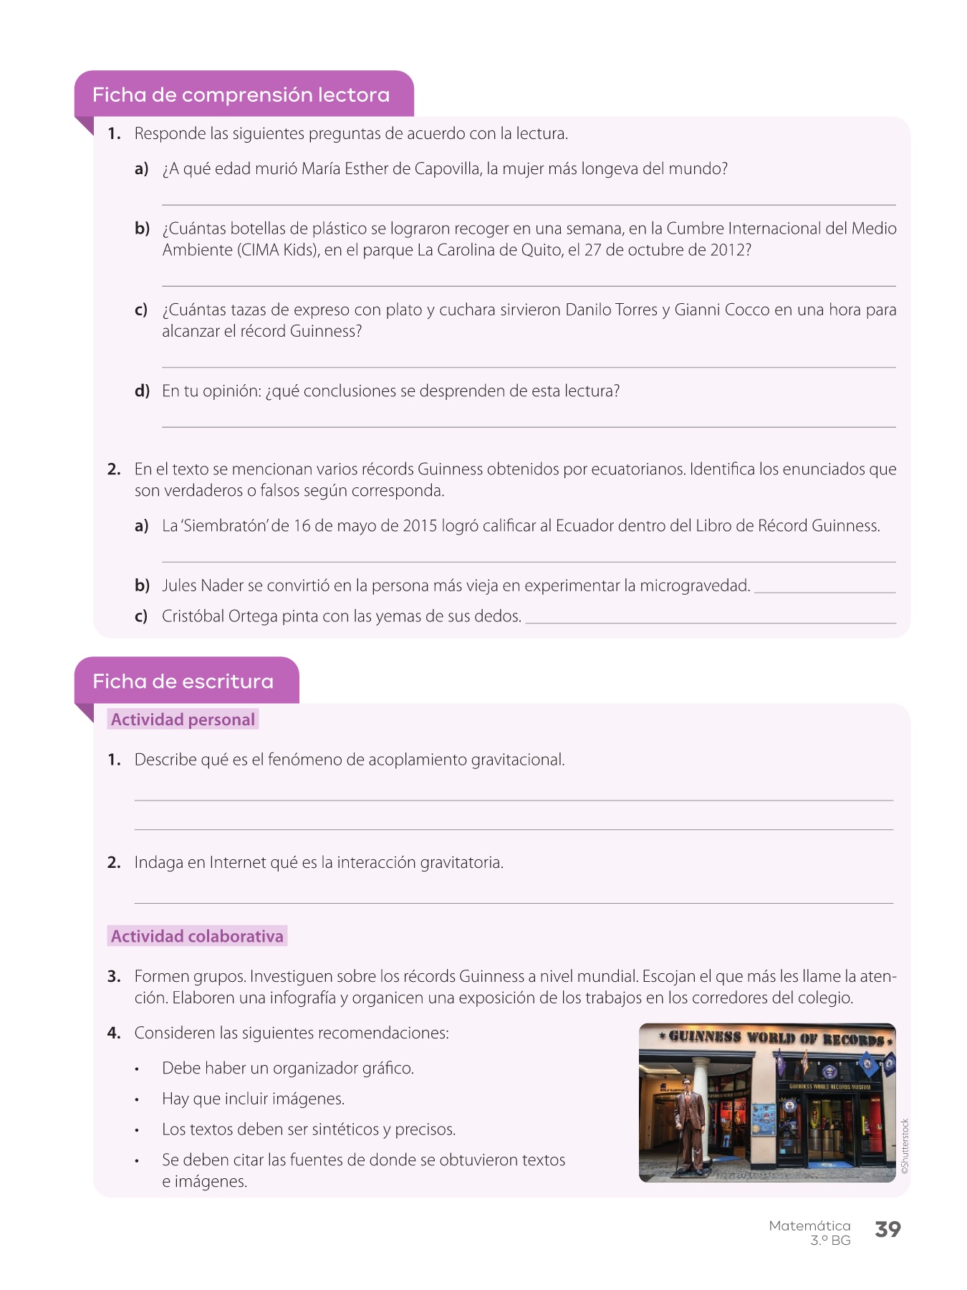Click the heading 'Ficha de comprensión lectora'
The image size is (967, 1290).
[x=241, y=95]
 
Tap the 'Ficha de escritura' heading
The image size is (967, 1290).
[x=183, y=681]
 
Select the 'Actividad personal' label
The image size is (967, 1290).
[x=183, y=720]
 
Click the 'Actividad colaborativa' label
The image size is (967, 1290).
[x=197, y=936]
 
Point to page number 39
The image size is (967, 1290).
[x=887, y=1229]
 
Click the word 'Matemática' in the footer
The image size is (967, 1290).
[x=809, y=1225]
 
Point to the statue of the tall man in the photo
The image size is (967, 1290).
[x=691, y=1125]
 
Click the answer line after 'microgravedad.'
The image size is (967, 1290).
[x=825, y=592]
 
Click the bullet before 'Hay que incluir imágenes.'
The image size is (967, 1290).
[x=136, y=1100]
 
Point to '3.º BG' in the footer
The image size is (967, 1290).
[x=830, y=1241]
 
